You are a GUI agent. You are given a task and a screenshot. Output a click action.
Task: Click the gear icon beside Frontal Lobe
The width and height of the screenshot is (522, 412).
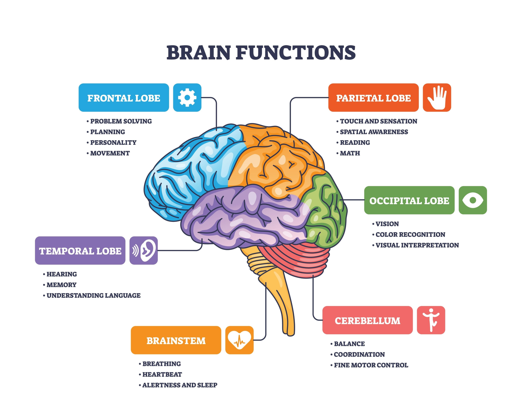(187, 98)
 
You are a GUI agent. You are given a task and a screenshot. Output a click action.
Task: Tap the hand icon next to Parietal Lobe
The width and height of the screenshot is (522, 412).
(437, 98)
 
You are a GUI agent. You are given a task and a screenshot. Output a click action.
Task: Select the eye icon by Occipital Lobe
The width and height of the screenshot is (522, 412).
(473, 200)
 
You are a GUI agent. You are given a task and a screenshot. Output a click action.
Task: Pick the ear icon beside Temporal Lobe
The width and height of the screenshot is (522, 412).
(144, 250)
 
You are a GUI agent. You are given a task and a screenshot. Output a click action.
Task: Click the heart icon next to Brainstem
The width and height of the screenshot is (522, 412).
(239, 340)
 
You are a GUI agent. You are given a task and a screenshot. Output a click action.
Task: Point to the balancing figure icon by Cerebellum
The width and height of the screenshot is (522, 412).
(431, 320)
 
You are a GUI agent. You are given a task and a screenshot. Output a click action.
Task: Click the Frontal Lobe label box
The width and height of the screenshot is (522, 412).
(124, 98)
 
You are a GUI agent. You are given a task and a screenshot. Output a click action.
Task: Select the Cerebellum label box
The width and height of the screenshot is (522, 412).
(367, 320)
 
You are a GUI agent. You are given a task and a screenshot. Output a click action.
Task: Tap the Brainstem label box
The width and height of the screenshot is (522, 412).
(176, 340)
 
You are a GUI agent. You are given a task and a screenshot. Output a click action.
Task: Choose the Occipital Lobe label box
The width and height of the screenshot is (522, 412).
(409, 200)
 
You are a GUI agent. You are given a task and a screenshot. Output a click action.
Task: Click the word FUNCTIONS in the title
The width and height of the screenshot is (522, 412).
(296, 53)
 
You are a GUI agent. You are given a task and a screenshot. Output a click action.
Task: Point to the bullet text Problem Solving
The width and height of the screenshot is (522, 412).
(121, 121)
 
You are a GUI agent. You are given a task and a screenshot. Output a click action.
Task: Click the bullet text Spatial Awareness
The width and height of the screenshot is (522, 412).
(374, 132)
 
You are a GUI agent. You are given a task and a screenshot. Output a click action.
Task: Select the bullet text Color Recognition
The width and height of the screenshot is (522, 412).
(410, 235)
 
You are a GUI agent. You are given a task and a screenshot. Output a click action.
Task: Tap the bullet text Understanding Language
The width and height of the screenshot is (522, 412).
(93, 295)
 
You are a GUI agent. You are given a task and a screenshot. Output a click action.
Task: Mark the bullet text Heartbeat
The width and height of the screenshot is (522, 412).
(162, 374)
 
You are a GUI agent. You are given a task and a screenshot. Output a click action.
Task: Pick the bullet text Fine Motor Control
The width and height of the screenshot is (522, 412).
(371, 365)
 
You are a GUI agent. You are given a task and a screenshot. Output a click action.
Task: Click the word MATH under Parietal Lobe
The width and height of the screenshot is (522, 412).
(350, 153)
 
